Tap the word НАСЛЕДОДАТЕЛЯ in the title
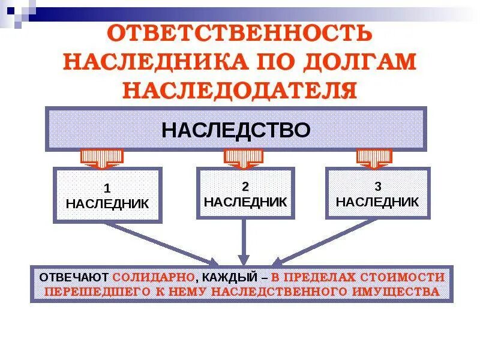(x=240, y=90)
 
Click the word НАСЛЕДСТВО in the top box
(x=236, y=130)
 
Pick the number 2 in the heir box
(x=245, y=186)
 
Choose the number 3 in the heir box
(x=377, y=186)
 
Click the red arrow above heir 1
(x=101, y=158)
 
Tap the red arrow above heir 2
(x=244, y=158)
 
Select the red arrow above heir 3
(x=375, y=158)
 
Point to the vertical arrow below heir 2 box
(x=244, y=240)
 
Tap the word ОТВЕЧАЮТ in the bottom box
(x=73, y=278)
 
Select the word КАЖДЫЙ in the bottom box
(x=229, y=278)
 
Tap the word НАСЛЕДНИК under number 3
(x=377, y=202)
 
